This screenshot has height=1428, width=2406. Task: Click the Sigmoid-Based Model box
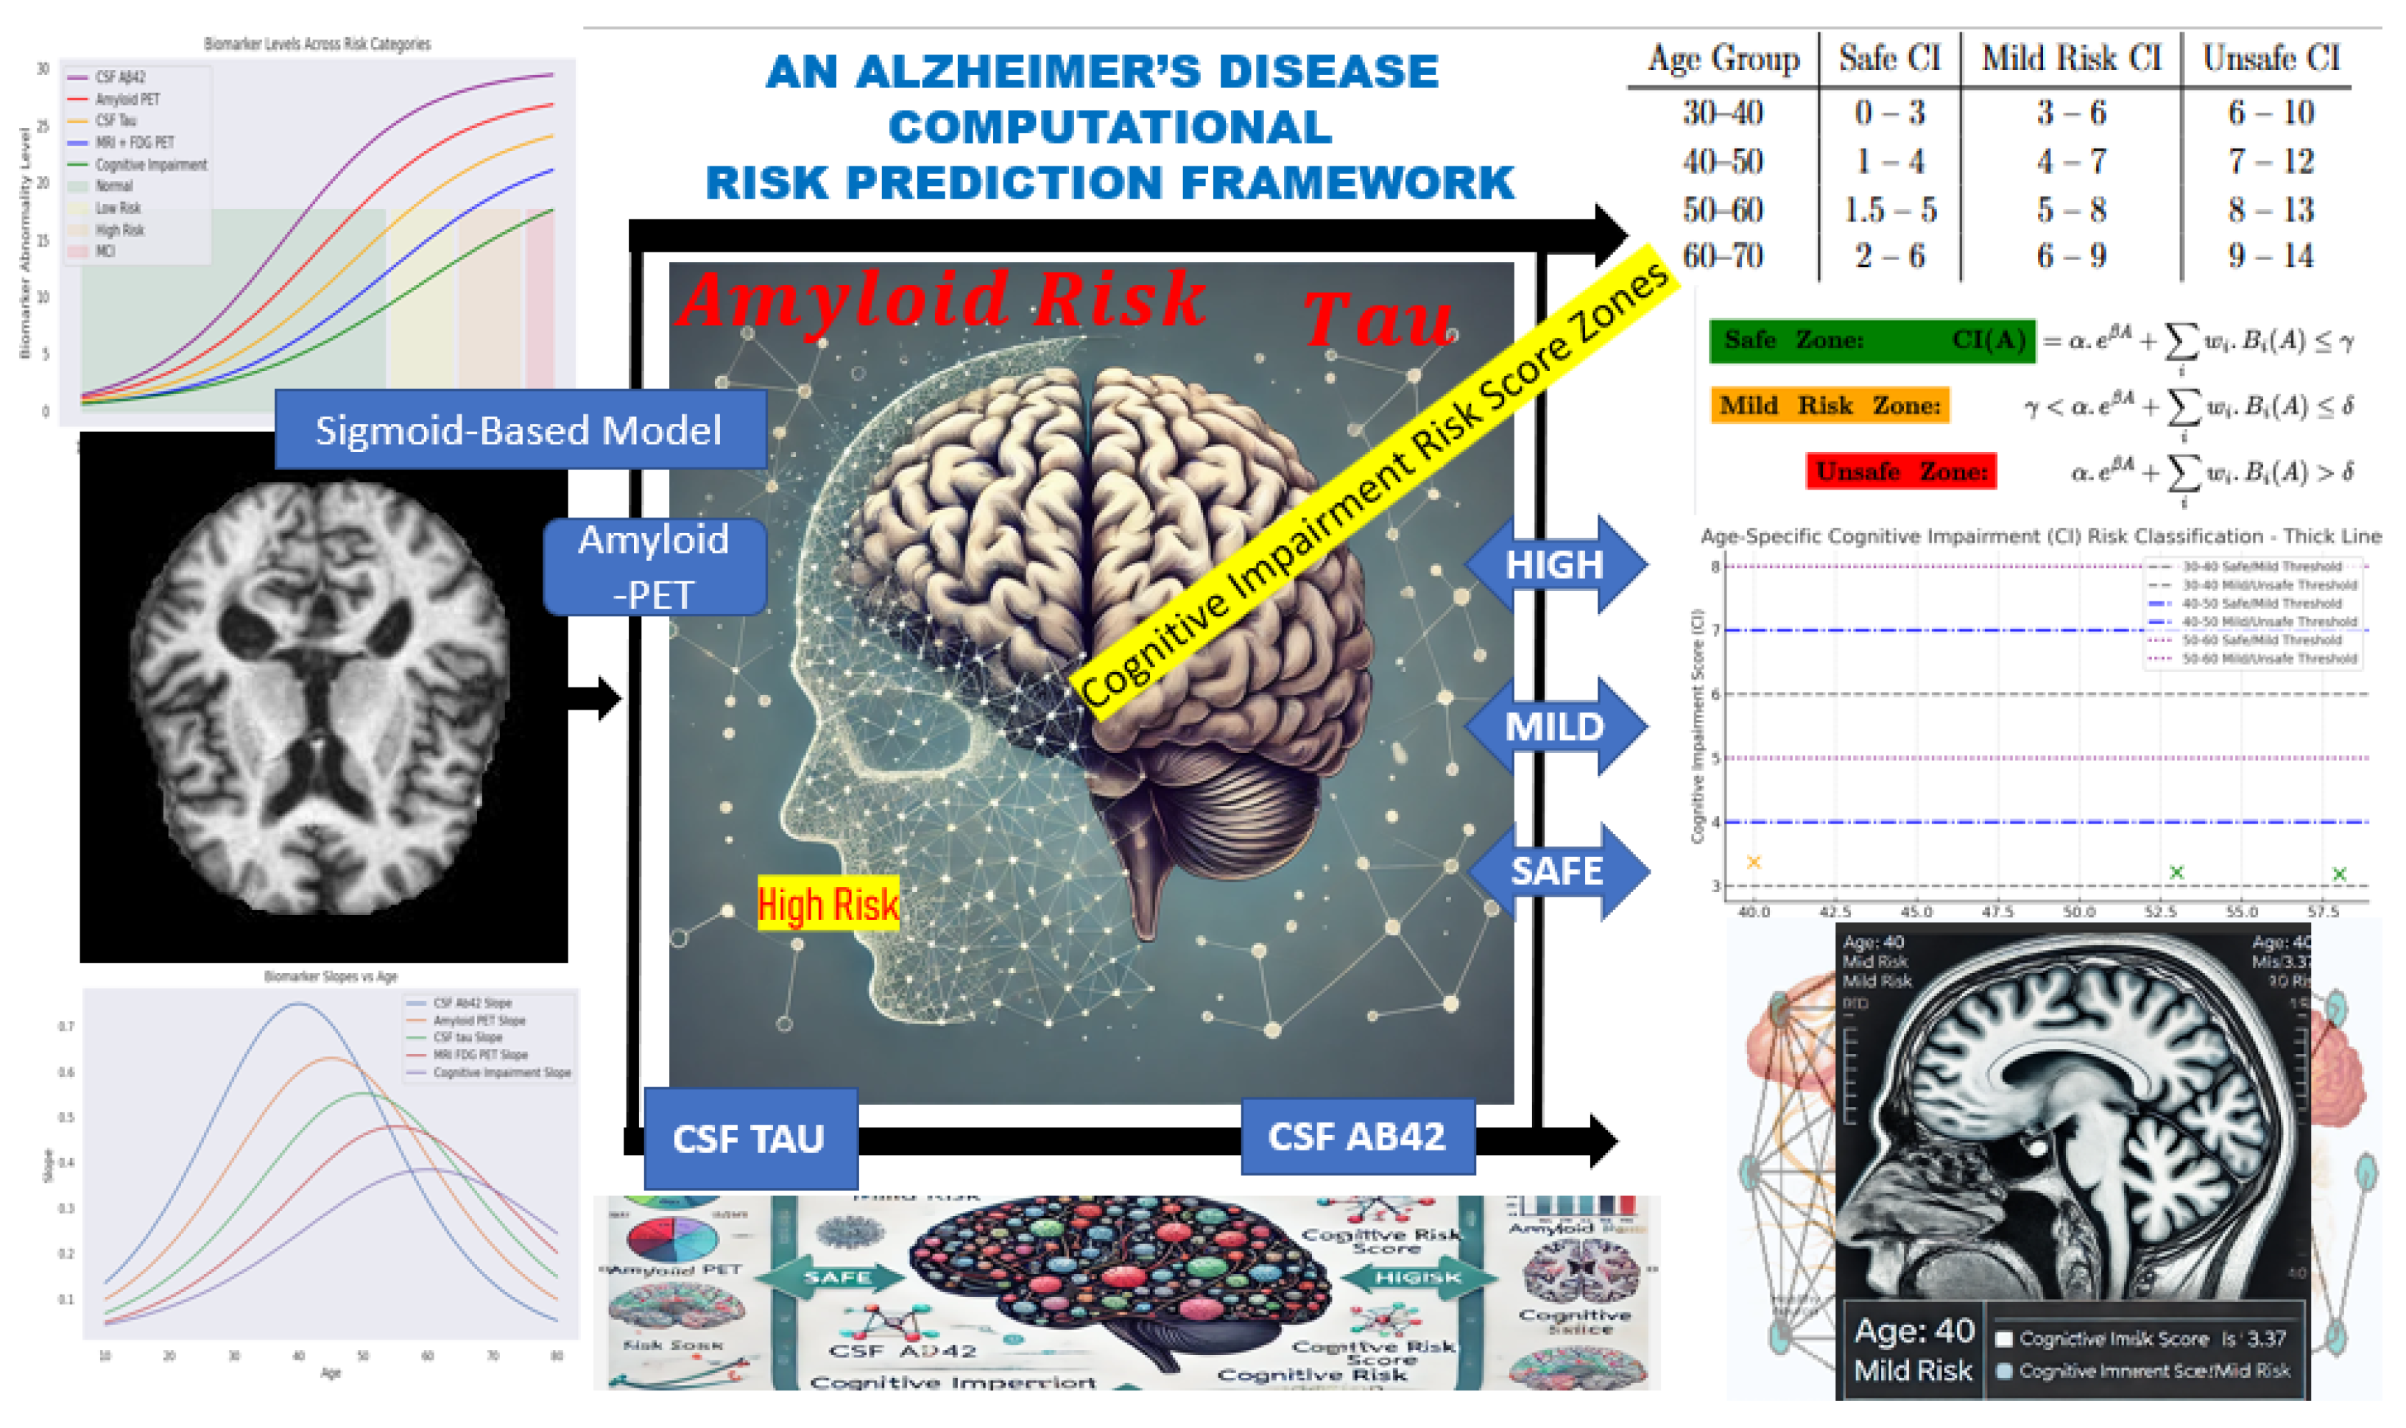click(x=520, y=429)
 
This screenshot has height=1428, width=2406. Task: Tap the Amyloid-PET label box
click(x=655, y=567)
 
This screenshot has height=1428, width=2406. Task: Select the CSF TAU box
click(x=749, y=1139)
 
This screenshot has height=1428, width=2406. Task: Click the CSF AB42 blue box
click(x=1357, y=1137)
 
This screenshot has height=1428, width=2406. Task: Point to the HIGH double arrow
click(x=1554, y=565)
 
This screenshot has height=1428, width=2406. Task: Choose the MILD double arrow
click(x=1554, y=727)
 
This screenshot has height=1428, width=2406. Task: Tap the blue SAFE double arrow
click(x=1557, y=871)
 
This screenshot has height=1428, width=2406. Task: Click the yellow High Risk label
click(x=828, y=905)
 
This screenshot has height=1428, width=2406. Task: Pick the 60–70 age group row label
click(x=1723, y=256)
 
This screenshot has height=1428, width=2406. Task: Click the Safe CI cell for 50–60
click(x=1890, y=210)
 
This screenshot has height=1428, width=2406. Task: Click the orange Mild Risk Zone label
click(x=1830, y=405)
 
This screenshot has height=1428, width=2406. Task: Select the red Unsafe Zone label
click(x=1902, y=472)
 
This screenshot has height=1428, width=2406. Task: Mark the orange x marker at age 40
click(x=1754, y=862)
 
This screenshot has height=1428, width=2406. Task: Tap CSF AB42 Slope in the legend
click(x=473, y=1003)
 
